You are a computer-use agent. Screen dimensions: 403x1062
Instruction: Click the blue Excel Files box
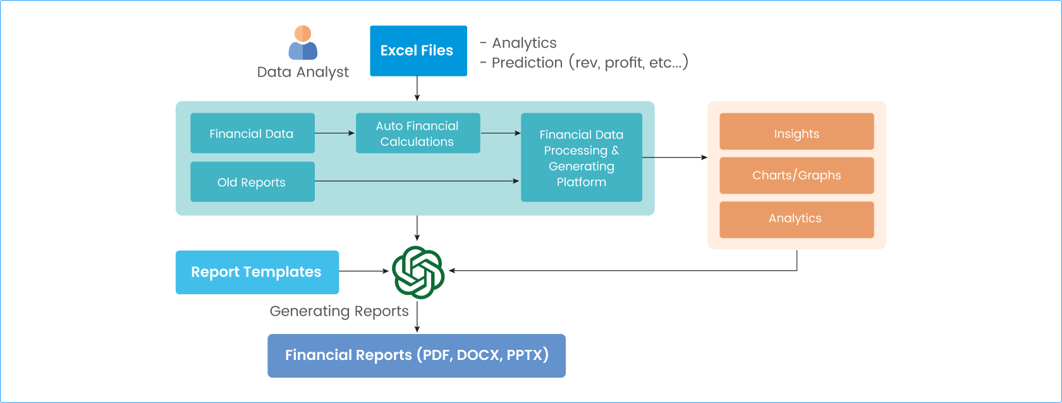418,51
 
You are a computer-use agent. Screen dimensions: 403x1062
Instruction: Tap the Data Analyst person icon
303,43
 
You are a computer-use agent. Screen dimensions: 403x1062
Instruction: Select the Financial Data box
252,133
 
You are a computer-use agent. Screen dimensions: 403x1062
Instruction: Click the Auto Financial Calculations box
417,133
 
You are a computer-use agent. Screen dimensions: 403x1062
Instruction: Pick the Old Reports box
252,182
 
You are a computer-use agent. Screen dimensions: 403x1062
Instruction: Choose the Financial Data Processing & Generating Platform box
581,158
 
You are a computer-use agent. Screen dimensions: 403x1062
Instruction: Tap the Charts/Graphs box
796,175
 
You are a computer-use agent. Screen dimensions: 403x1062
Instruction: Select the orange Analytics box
796,219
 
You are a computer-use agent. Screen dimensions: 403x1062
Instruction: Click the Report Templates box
257,272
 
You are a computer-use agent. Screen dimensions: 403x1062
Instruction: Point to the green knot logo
418,272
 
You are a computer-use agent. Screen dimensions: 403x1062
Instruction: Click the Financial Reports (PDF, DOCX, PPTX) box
416,356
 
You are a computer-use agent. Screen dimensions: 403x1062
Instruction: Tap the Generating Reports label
339,311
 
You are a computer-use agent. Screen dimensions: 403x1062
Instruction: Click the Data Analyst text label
303,72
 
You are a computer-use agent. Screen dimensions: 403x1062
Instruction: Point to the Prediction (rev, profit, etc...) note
589,63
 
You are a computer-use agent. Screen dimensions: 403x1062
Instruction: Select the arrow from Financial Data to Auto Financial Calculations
335,133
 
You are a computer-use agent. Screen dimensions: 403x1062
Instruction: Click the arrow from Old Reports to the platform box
417,181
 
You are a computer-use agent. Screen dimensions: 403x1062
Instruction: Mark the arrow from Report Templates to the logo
364,271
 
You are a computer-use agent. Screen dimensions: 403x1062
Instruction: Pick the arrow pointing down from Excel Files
417,89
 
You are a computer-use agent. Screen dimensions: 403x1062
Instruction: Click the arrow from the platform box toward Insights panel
674,157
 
